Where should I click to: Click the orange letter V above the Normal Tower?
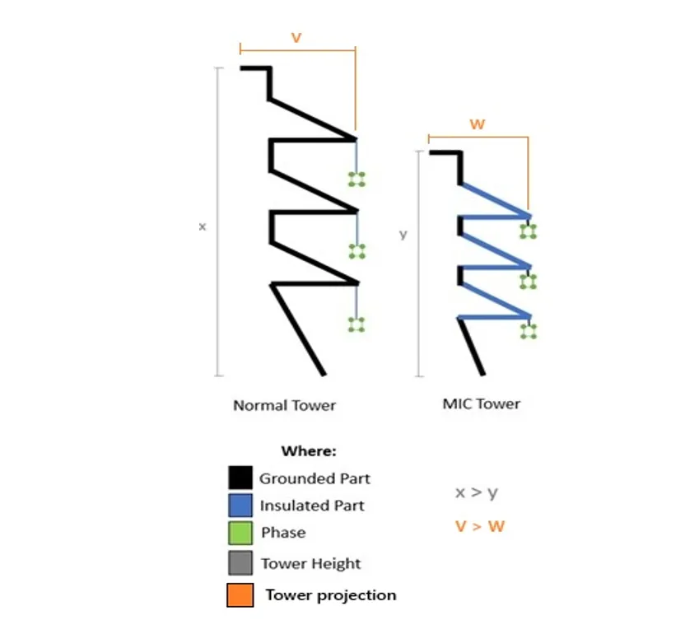tap(296, 37)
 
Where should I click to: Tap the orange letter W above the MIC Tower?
tap(477, 124)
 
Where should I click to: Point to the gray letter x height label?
tap(203, 226)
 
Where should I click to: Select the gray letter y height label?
tap(403, 234)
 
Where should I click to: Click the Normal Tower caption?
tap(284, 405)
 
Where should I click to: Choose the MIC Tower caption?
tap(481, 403)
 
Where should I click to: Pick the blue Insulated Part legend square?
tap(240, 506)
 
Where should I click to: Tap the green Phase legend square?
tap(240, 533)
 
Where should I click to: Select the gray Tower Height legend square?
tap(240, 564)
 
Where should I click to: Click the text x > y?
tap(476, 493)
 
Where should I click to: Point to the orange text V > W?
tap(479, 525)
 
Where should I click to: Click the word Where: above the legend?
tap(309, 451)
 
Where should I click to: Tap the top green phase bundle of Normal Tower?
tap(356, 180)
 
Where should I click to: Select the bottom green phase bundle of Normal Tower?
tap(356, 324)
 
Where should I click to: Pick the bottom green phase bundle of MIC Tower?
tap(528, 332)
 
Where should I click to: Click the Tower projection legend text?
tap(330, 595)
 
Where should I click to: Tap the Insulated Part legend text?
tap(311, 506)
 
